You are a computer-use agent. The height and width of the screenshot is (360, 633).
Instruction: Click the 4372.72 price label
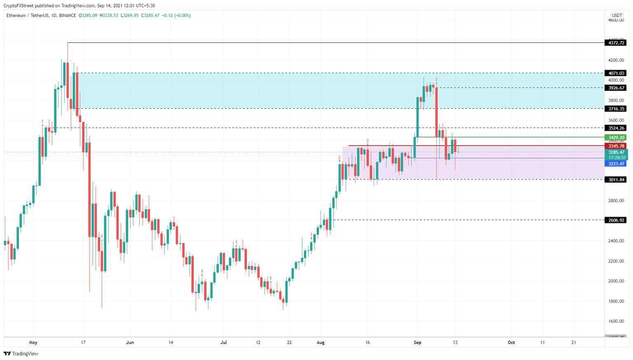(x=615, y=43)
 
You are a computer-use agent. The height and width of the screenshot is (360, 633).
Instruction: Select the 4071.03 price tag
(x=615, y=73)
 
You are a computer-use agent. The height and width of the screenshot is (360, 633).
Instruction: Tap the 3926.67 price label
(x=615, y=88)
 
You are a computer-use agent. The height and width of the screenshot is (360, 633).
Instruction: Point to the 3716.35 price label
(x=615, y=109)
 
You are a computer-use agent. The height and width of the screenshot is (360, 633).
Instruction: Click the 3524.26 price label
(x=615, y=128)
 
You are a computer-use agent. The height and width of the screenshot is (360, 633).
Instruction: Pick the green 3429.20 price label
(x=615, y=138)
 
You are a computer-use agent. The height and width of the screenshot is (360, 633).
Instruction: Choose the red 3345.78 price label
(x=615, y=146)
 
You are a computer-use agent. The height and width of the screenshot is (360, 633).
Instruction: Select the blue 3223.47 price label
(x=615, y=164)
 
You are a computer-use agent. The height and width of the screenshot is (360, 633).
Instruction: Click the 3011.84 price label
(x=615, y=180)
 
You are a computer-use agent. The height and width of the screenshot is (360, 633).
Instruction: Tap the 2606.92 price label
(x=615, y=220)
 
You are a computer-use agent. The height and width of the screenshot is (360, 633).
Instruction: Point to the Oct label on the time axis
(x=511, y=342)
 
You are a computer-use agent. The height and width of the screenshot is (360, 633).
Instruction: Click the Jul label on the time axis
(x=224, y=342)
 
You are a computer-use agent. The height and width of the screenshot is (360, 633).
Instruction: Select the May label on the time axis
(x=33, y=342)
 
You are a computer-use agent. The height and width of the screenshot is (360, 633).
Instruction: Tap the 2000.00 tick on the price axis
(x=616, y=281)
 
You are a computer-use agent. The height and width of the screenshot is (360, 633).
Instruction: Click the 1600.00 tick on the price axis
(x=616, y=321)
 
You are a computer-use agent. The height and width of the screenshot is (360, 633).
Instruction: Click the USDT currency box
(x=617, y=15)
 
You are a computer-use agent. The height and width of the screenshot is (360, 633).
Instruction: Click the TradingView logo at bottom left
(x=21, y=353)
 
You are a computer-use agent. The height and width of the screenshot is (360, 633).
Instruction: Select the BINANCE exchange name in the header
(x=68, y=16)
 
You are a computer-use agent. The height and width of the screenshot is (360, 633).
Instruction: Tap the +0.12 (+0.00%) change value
(x=176, y=16)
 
